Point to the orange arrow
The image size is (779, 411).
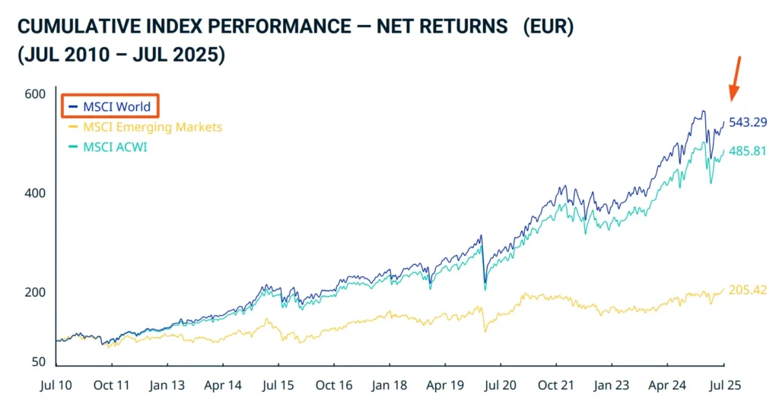pyautogui.click(x=736, y=78)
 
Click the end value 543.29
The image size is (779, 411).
pyautogui.click(x=749, y=122)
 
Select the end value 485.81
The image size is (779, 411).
pyautogui.click(x=749, y=151)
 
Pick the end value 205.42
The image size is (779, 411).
pyautogui.click(x=749, y=290)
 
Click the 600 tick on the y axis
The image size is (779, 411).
pyautogui.click(x=35, y=94)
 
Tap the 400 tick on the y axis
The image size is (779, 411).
pyautogui.click(x=35, y=193)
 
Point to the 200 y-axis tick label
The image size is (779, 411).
pyautogui.click(x=35, y=292)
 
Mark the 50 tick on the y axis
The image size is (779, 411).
pyautogui.click(x=38, y=362)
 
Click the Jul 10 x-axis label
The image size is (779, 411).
pyautogui.click(x=56, y=386)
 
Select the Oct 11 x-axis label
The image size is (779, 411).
pyautogui.click(x=112, y=386)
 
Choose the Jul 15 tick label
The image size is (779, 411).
pyautogui.click(x=278, y=386)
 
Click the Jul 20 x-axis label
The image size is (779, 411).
pyautogui.click(x=500, y=386)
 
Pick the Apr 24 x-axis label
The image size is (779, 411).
pyautogui.click(x=667, y=386)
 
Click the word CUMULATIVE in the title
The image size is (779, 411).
pyautogui.click(x=71, y=27)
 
